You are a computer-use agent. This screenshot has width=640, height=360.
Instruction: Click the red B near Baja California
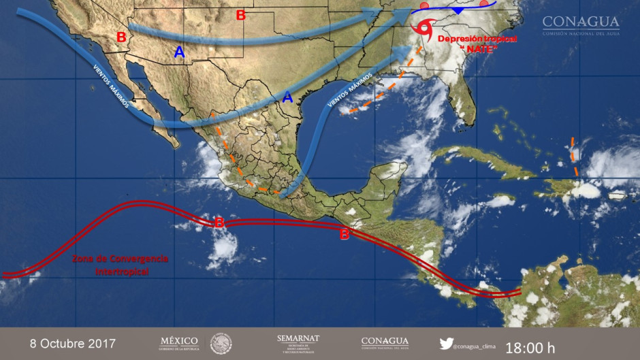tap(121, 37)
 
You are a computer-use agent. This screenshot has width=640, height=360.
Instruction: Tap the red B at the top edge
tap(240, 15)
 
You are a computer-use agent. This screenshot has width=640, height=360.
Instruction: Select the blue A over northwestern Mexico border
tap(179, 51)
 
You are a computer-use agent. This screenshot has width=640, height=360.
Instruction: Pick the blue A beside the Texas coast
tap(287, 97)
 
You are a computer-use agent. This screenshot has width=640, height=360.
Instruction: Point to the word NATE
tap(478, 50)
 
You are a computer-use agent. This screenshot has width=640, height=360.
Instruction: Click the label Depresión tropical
tap(477, 39)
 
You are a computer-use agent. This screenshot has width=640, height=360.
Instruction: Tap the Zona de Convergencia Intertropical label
tap(120, 265)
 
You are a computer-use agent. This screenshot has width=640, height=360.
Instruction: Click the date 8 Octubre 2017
tap(73, 343)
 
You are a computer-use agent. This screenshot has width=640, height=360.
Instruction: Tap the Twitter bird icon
tap(446, 344)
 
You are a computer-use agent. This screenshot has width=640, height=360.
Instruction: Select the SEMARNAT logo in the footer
tap(298, 343)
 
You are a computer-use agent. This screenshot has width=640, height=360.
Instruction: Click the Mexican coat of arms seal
tap(221, 344)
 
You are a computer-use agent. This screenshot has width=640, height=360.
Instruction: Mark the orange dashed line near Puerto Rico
tap(574, 157)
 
